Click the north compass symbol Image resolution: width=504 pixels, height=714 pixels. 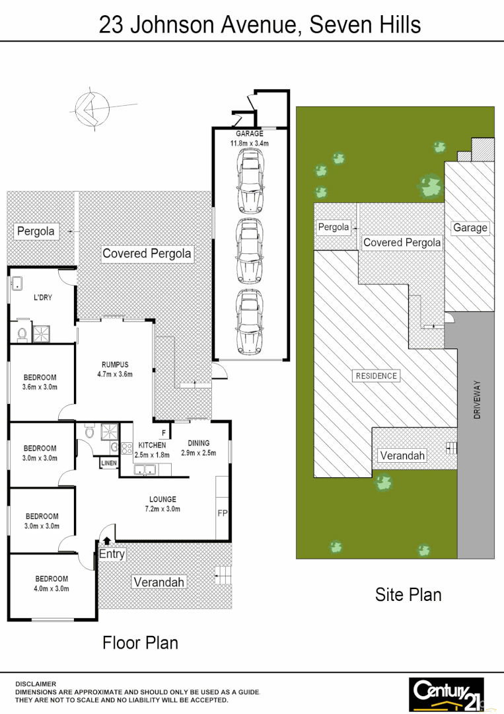coord(92,108)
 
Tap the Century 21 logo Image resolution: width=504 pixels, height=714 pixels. coord(447,693)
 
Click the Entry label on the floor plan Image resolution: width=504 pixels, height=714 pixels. coord(112,554)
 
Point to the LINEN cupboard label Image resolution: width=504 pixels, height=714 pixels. coord(108,463)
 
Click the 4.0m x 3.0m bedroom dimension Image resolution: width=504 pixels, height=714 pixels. coord(52,588)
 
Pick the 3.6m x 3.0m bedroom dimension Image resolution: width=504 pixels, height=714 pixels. coord(40,387)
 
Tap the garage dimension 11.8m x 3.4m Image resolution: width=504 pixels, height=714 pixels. coord(250,143)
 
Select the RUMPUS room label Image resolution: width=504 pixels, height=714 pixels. coord(115,364)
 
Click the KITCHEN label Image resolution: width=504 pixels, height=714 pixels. coord(152,445)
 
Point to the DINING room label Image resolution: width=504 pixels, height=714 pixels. coord(198,443)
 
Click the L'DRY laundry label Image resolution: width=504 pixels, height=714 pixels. coord(42,297)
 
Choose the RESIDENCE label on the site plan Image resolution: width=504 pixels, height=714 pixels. coord(377,376)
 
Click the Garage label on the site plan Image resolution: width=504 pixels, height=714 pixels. coord(470,227)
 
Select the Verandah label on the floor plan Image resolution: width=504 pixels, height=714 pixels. coord(159,582)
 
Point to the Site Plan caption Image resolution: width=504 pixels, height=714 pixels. coord(408,594)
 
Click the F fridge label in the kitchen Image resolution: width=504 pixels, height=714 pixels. coord(162,432)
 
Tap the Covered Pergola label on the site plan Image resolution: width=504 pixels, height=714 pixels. coord(402,243)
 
